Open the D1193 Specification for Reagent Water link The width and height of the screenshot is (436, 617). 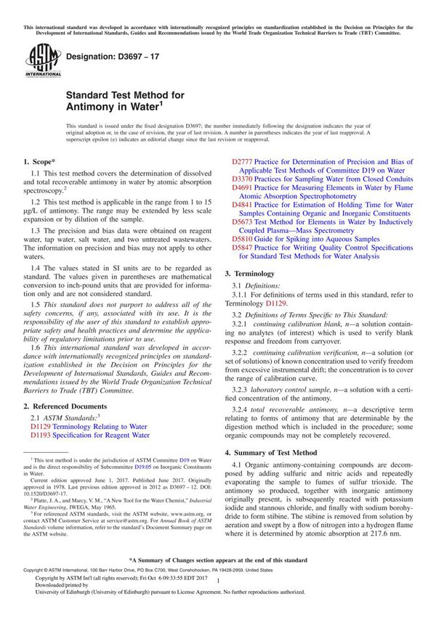(90, 436)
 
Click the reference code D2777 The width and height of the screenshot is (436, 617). (243, 162)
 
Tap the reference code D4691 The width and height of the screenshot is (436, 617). (243, 187)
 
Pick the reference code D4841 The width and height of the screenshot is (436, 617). (243, 205)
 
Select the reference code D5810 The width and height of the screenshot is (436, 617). (243, 238)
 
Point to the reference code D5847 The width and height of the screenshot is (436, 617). (243, 248)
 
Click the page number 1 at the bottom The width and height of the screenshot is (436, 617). (217, 593)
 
